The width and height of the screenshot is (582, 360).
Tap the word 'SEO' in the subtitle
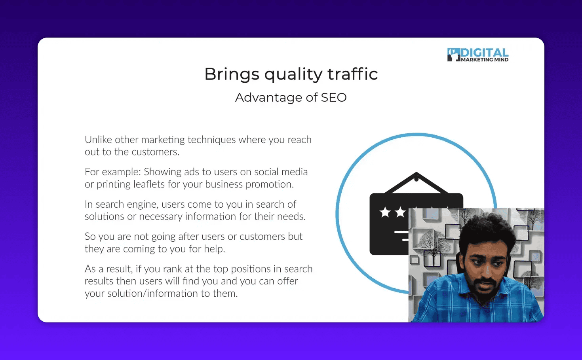(333, 97)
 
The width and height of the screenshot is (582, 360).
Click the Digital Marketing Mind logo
(478, 55)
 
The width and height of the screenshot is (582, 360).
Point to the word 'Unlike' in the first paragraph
(98, 140)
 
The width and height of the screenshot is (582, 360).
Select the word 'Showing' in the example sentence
(162, 172)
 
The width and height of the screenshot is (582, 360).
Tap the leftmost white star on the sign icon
(385, 212)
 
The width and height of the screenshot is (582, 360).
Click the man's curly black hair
(487, 229)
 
